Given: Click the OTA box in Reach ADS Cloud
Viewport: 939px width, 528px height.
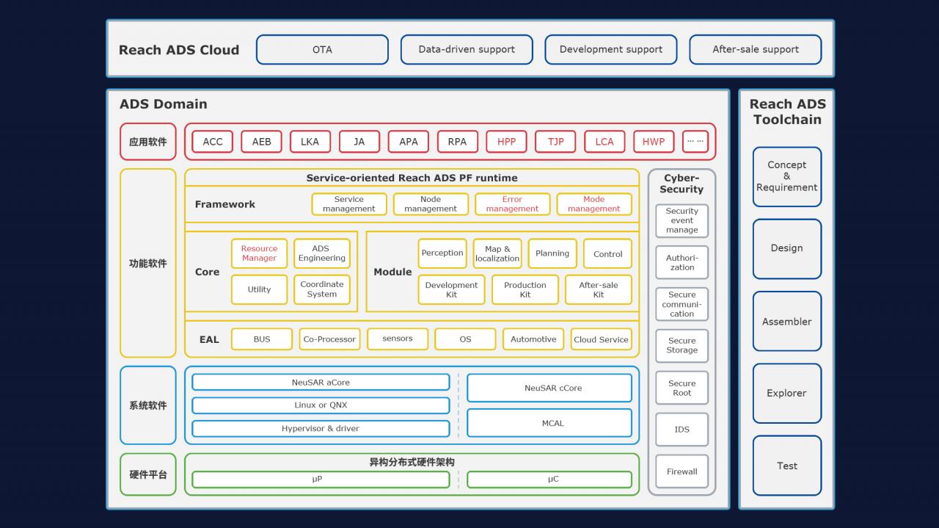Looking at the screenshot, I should pos(322,50).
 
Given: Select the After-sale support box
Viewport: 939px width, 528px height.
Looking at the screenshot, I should pos(755,50).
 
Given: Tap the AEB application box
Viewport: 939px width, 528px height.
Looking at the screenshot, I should pos(261,142).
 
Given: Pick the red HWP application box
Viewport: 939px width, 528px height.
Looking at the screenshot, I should pos(653,142).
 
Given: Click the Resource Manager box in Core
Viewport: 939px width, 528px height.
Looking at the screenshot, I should pos(259,253).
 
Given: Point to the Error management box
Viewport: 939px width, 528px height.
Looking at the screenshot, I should pos(512,204).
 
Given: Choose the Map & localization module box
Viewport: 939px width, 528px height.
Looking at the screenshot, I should pos(497,253).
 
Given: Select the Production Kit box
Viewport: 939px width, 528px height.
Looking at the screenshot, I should pos(525,289).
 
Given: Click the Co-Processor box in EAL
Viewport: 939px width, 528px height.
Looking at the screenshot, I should pos(329,339).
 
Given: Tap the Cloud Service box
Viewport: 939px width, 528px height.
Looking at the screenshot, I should pos(601,339).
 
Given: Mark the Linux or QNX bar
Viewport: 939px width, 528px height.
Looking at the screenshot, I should pos(321,405).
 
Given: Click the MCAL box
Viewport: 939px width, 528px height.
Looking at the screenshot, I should pos(549,423).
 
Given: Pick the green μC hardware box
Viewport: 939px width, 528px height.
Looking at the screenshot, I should pos(549,480).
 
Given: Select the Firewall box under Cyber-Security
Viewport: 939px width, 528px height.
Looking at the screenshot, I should pos(682,471).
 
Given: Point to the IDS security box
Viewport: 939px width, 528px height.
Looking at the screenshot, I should pos(682,430).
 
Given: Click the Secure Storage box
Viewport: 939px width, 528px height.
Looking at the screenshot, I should pos(682,346).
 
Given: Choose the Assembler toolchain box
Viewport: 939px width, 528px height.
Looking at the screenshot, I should pos(786,322).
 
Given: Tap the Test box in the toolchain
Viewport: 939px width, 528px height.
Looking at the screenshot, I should pos(786,466).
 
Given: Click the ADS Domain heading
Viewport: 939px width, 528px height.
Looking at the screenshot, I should pos(163,104).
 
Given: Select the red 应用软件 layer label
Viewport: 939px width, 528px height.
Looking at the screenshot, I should pos(148,142).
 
